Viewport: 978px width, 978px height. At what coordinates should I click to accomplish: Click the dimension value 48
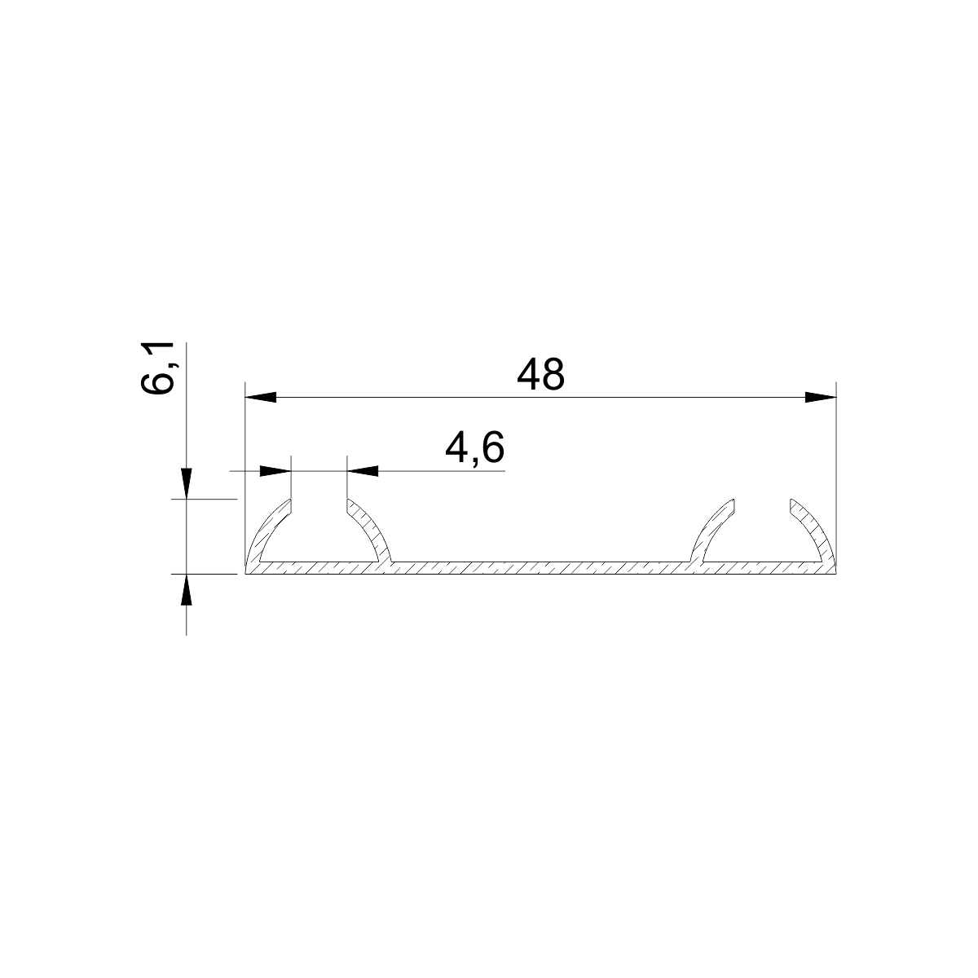pos(540,375)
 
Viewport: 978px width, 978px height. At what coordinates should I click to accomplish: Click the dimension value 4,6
pos(474,448)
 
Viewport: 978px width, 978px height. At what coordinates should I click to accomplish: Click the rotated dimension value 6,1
pos(157,368)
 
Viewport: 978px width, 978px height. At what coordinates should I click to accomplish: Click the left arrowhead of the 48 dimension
pos(261,398)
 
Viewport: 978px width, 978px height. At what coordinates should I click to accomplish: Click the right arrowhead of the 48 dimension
pos(821,398)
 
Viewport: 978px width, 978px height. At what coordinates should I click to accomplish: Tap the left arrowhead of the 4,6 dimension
pos(275,471)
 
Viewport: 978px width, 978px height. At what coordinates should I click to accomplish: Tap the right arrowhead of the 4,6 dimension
pos(363,471)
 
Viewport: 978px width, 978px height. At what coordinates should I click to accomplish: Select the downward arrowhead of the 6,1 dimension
pos(187,483)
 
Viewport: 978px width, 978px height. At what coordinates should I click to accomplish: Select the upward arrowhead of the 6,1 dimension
pos(187,590)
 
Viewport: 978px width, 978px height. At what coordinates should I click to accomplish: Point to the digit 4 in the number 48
pos(528,375)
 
